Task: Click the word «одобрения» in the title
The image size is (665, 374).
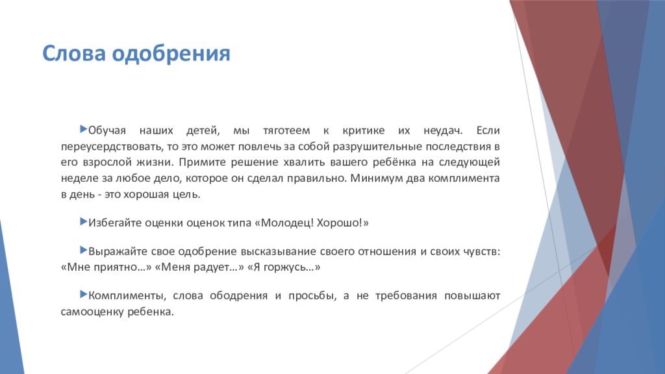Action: [x=171, y=53]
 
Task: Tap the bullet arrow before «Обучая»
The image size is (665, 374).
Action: [x=83, y=130]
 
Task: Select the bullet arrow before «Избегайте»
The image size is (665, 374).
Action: [x=83, y=222]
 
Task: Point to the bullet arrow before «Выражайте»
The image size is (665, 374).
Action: [x=83, y=249]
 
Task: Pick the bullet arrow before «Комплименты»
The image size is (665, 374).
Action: [x=83, y=295]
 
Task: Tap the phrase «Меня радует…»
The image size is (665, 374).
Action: [x=197, y=267]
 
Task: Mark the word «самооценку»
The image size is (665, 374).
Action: [x=91, y=312]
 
